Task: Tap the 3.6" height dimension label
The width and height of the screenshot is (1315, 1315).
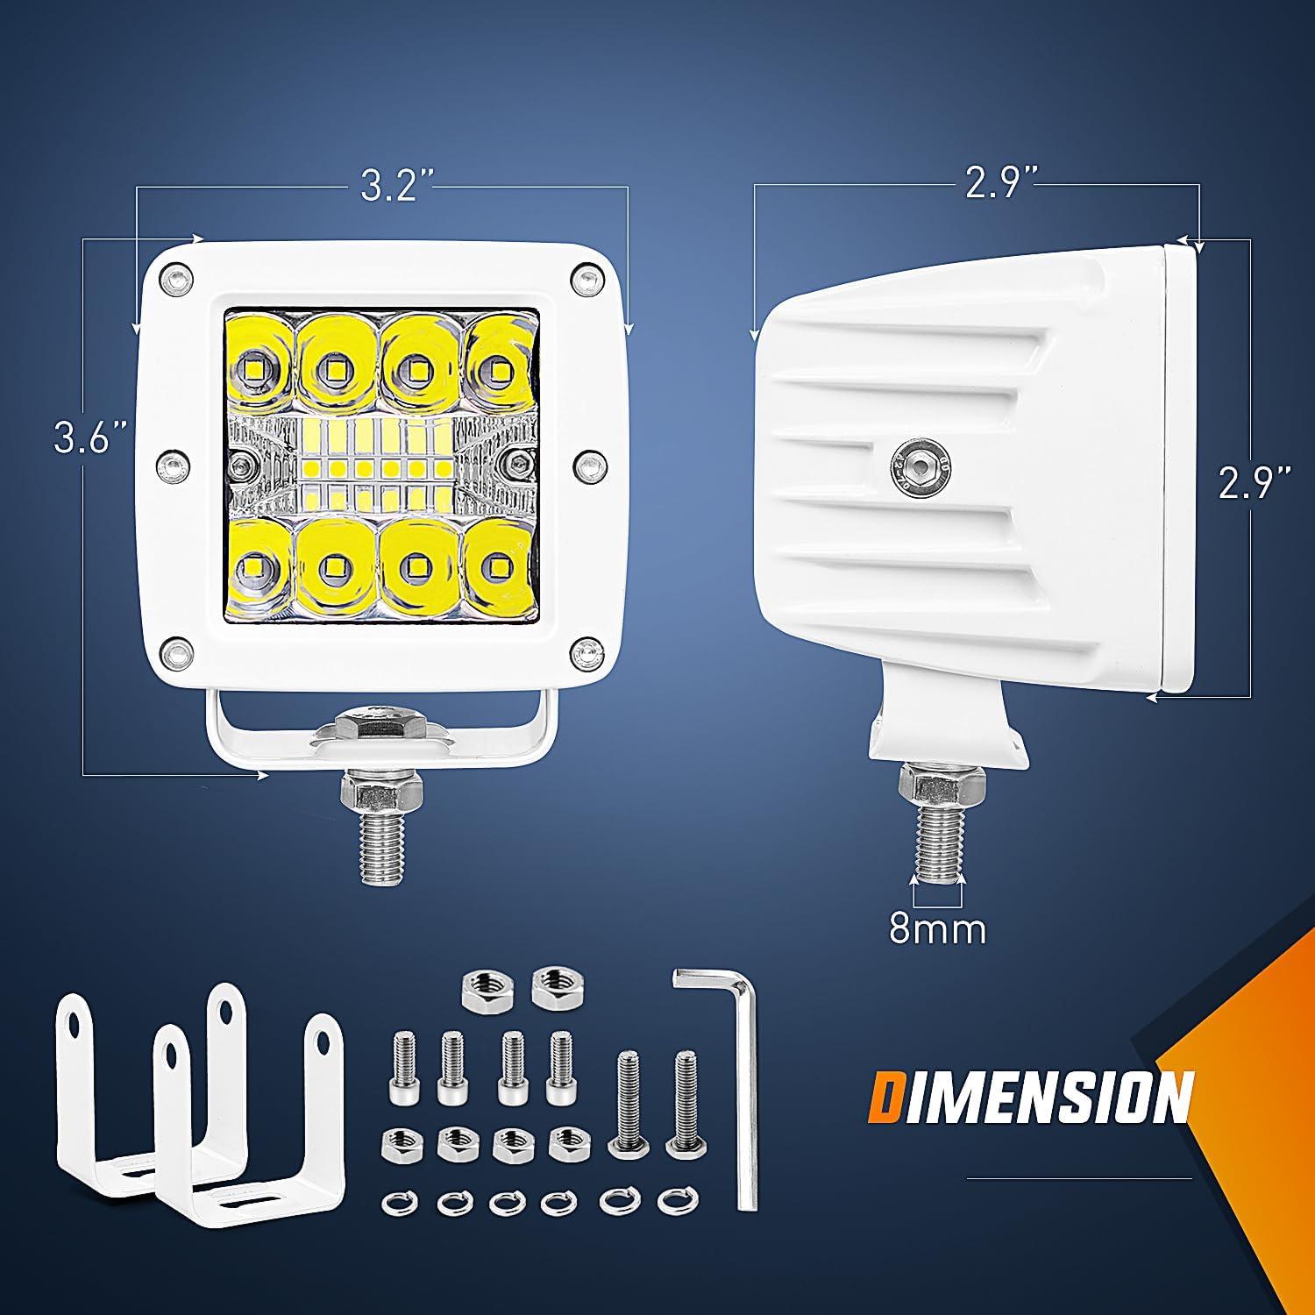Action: coord(90,439)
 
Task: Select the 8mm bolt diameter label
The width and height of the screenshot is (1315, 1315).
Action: coord(937,928)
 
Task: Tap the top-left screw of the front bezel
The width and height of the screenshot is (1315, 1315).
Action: coord(177,278)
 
